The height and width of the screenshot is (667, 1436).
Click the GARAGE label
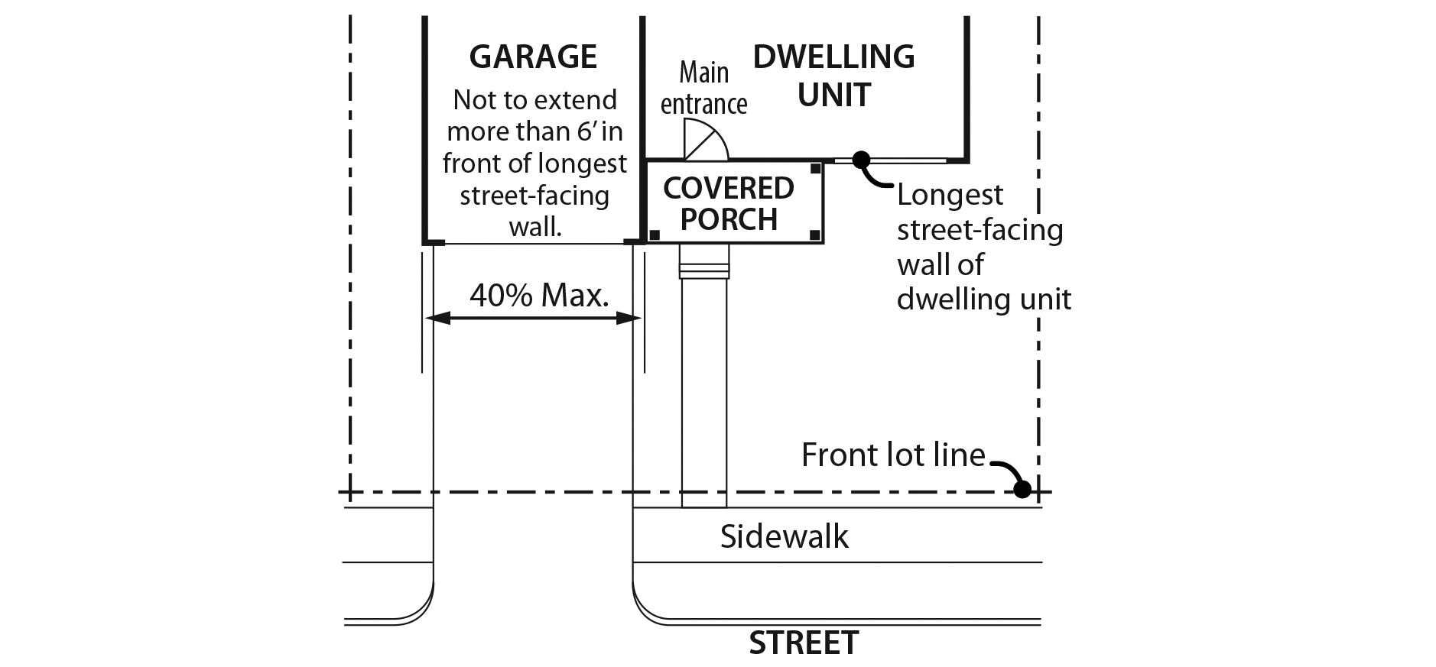coord(533,57)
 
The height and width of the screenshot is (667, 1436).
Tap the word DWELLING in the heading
coord(833,57)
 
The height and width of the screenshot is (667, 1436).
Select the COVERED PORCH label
coord(729,203)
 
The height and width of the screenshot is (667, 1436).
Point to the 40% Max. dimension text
coord(539,296)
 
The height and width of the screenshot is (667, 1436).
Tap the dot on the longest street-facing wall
coord(861,160)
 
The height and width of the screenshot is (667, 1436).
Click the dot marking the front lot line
coord(1022,490)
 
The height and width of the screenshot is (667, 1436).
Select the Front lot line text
coord(893,455)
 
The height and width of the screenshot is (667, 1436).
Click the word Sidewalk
coord(784,536)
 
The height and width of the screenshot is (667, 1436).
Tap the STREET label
coord(804,643)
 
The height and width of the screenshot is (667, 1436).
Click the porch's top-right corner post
coord(816,168)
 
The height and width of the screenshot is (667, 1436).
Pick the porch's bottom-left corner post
coord(655,235)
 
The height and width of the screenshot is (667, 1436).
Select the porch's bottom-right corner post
coord(815,235)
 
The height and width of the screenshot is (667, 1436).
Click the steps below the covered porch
coord(704,268)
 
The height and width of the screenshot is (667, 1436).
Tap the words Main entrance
coord(703,89)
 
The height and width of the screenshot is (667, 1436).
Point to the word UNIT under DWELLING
coord(834,96)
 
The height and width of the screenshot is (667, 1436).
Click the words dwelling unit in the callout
coord(983,299)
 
